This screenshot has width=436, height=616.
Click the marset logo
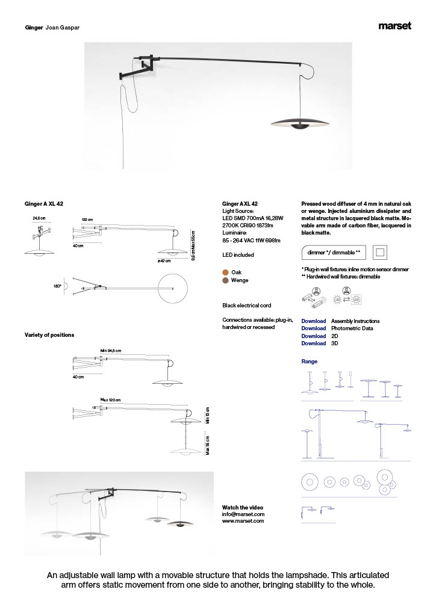coord(395,26)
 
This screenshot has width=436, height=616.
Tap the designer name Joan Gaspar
coord(63,28)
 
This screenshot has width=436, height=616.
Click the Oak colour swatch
coord(226,273)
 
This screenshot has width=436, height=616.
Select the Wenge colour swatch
coord(226,280)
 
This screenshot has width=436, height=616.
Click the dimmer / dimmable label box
coord(333,253)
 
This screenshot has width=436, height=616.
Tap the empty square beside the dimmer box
coord(380,253)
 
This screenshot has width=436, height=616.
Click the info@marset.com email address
coord(243,514)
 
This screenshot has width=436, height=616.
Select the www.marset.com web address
coord(243,522)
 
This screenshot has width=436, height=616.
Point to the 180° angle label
coord(57,287)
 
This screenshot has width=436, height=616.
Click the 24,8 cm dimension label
coord(40,218)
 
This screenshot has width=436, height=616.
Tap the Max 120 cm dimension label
coord(110,400)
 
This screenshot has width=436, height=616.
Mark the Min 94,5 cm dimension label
coord(111,350)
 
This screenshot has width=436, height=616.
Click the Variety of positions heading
coord(49,335)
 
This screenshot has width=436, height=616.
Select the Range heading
coord(309,362)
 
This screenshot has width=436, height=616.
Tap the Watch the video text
coord(243,507)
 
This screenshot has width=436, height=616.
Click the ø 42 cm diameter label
coord(164,260)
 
